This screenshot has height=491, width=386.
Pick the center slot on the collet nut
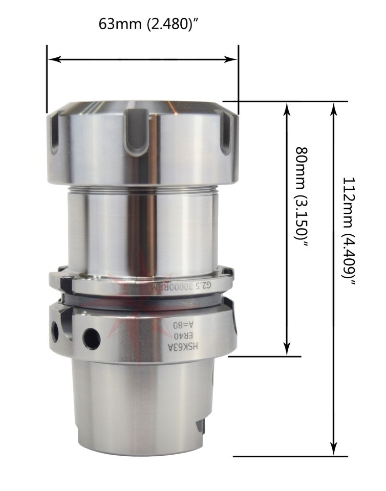(x=137, y=134)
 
